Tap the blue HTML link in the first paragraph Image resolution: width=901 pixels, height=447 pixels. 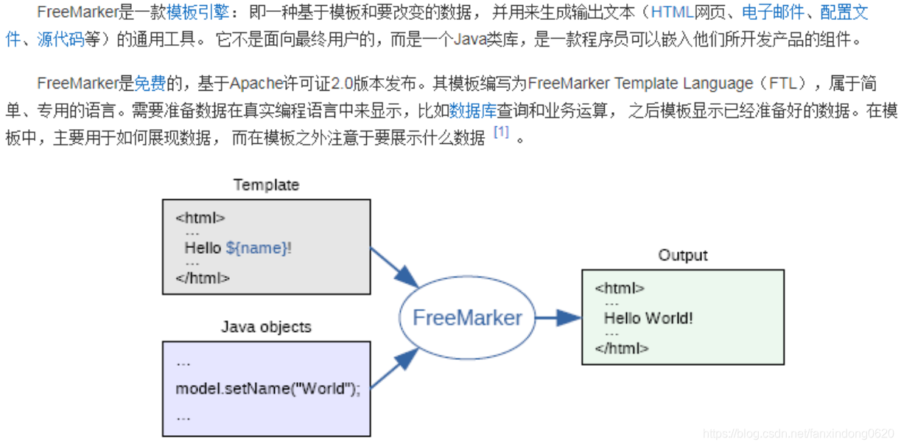coord(672,13)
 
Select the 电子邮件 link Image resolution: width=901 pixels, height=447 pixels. coord(773,13)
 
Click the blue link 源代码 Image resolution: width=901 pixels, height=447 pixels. coord(60,39)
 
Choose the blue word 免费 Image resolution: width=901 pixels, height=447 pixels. coord(150,83)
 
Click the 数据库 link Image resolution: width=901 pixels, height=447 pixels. coord(472,111)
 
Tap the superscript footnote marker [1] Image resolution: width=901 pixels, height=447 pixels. coord(501,133)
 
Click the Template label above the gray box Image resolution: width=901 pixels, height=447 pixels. coord(266,185)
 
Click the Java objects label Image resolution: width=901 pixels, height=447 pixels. coord(266,327)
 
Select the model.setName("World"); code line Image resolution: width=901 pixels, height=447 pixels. coord(268,389)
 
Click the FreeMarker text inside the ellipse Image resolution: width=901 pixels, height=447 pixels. coord(467,318)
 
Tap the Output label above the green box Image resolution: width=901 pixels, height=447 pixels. coord(682,255)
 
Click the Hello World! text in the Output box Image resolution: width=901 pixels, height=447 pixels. coord(648,319)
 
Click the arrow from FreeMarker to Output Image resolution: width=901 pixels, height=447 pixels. coord(558,318)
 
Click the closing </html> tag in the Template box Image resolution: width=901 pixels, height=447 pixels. coord(203,278)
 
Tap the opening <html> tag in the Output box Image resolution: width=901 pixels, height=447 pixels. coord(620,288)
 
